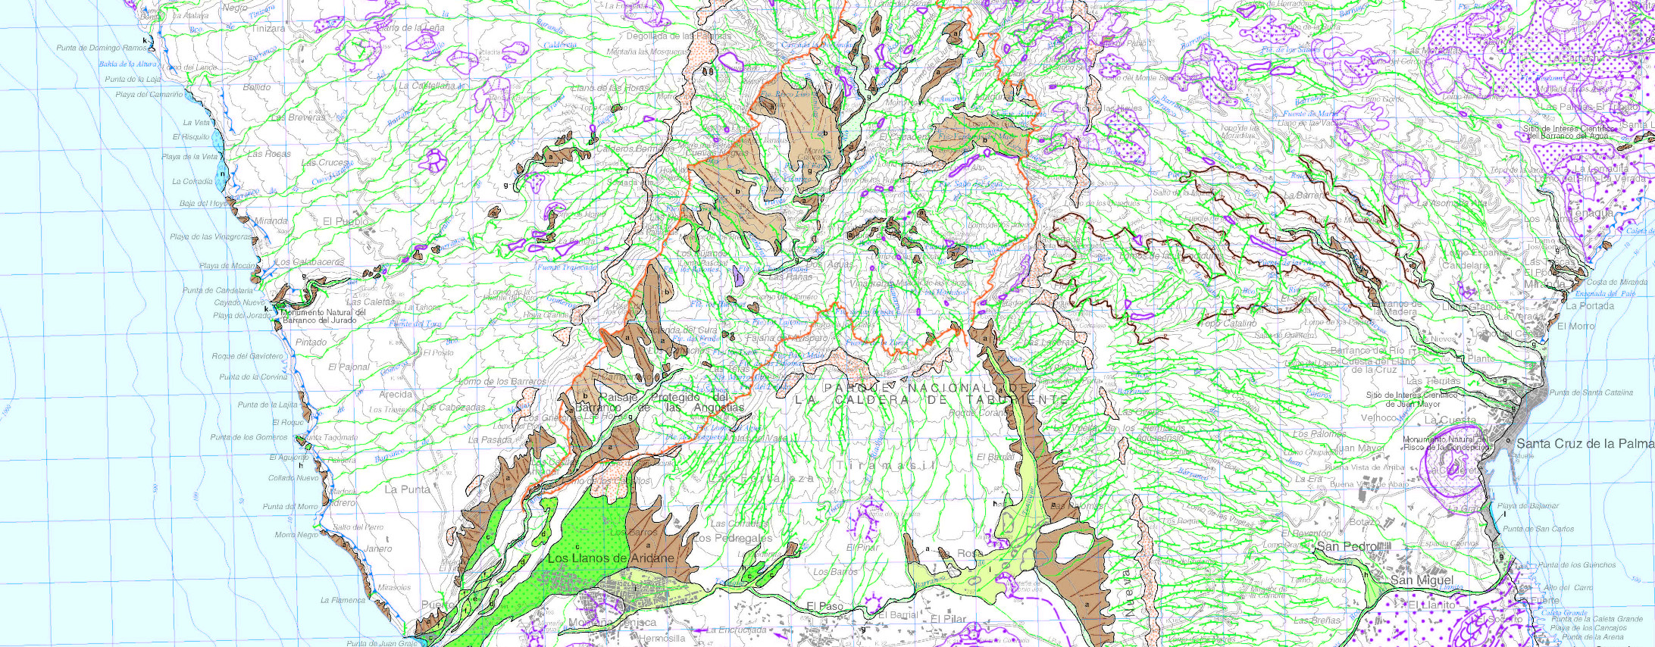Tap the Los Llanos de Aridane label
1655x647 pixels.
pyautogui.click(x=611, y=558)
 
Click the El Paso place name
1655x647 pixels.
pyautogui.click(x=824, y=606)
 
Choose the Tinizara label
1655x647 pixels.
pyautogui.click(x=269, y=29)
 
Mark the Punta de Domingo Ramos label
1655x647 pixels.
pyautogui.click(x=102, y=48)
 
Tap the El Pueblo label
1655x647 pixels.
pyautogui.click(x=346, y=221)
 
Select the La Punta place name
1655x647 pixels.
pyautogui.click(x=407, y=489)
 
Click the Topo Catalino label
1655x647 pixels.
pyautogui.click(x=1228, y=323)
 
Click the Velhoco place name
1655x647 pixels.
pyautogui.click(x=1378, y=417)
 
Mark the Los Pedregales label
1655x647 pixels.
pyautogui.click(x=732, y=538)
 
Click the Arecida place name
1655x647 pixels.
pyautogui.click(x=396, y=394)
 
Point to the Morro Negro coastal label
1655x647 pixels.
pyautogui.click(x=296, y=534)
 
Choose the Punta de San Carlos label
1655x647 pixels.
pyautogui.click(x=1538, y=529)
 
